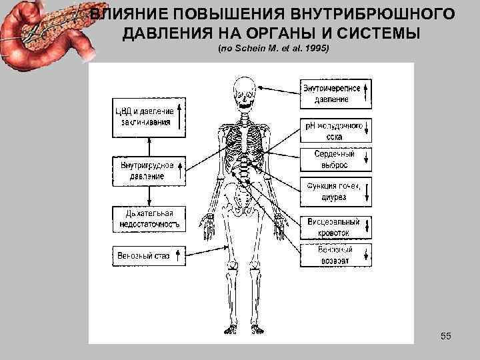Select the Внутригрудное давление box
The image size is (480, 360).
[x=149, y=170]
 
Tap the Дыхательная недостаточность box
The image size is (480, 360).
[x=149, y=219]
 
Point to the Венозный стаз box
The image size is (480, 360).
[x=149, y=254]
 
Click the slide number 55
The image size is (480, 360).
[x=446, y=336]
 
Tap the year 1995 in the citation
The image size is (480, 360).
[x=316, y=50]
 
